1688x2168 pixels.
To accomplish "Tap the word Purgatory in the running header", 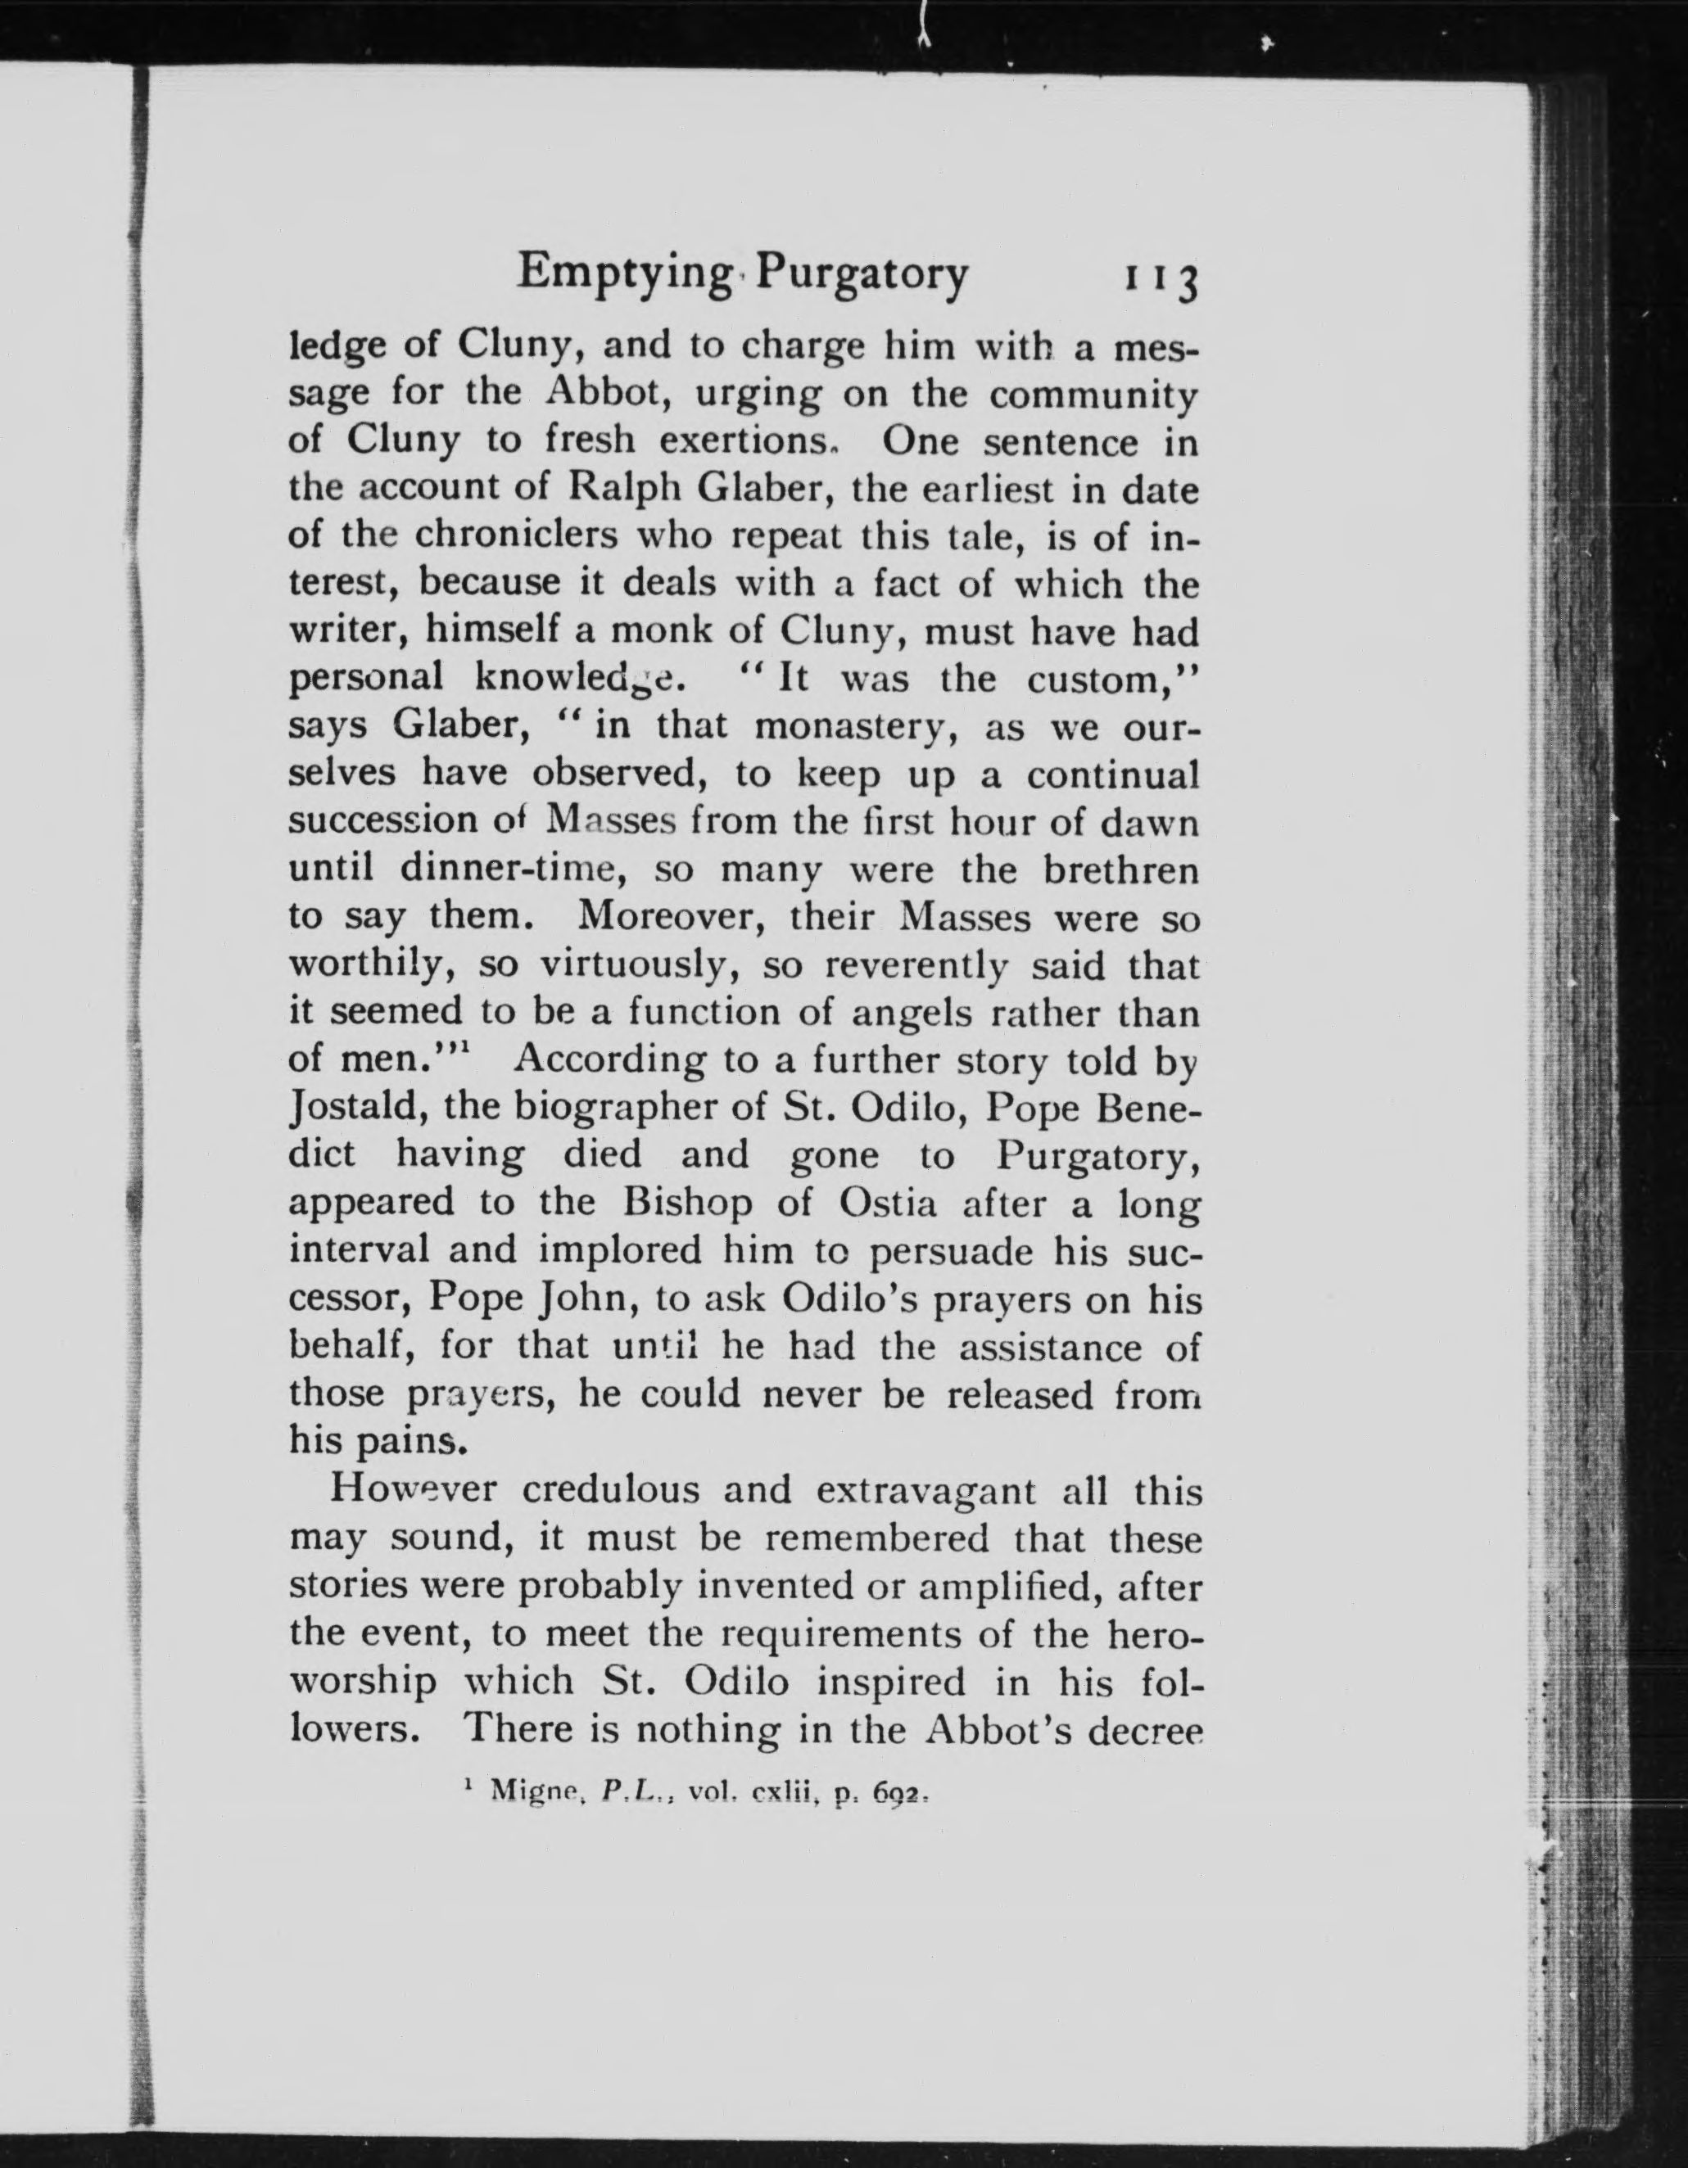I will pyautogui.click(x=861, y=275).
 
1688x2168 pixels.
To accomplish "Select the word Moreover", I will pyautogui.click(x=672, y=915).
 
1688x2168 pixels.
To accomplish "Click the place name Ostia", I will pyautogui.click(x=888, y=1202).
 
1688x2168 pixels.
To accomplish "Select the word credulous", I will pyautogui.click(x=613, y=1490).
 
